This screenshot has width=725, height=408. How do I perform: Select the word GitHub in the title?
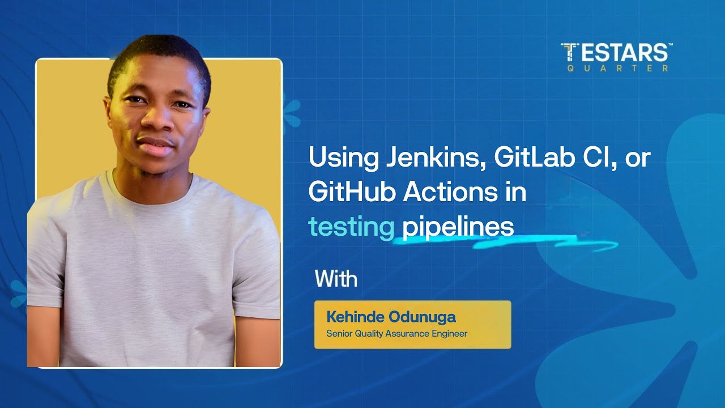click(x=352, y=193)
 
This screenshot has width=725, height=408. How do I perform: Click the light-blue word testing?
click(x=351, y=227)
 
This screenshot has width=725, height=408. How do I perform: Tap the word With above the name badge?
click(x=336, y=279)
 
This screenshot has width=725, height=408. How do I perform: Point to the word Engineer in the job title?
click(x=448, y=334)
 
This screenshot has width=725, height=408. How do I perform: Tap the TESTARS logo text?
click(x=616, y=53)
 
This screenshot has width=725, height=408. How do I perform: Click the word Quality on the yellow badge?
click(x=369, y=334)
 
